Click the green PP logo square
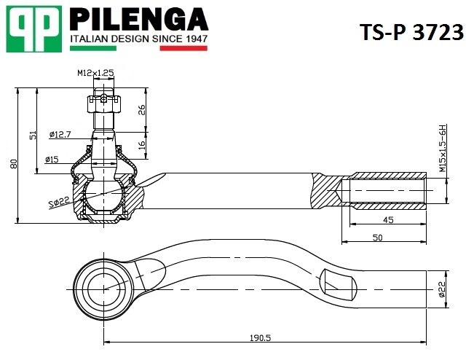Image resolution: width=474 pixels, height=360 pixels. [x=34, y=28]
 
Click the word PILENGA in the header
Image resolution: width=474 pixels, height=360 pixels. [x=139, y=20]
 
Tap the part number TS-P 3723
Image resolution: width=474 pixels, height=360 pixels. [x=411, y=32]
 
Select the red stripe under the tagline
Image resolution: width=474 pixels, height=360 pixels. [x=183, y=48]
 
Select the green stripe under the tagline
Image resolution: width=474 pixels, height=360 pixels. [x=93, y=48]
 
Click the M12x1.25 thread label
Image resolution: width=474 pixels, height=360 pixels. [x=95, y=73]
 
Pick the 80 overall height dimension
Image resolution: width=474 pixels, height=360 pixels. [x=14, y=164]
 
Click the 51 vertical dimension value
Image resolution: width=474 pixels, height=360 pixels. [x=33, y=135]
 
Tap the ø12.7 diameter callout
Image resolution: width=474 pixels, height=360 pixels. [x=60, y=134]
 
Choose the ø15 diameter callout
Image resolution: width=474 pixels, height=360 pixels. [x=52, y=159]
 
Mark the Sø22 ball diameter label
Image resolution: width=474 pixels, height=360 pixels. [x=60, y=202]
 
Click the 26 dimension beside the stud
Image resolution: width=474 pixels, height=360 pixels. [x=141, y=110]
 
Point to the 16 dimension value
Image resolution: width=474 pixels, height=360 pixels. [x=141, y=144]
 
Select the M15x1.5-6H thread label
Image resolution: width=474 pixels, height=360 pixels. [x=443, y=148]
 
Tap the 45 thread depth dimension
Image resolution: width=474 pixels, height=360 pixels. [x=388, y=220]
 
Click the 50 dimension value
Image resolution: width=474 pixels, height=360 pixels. [x=378, y=238]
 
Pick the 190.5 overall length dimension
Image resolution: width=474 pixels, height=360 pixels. [x=260, y=337]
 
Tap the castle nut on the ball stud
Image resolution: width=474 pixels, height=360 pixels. [x=103, y=103]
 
